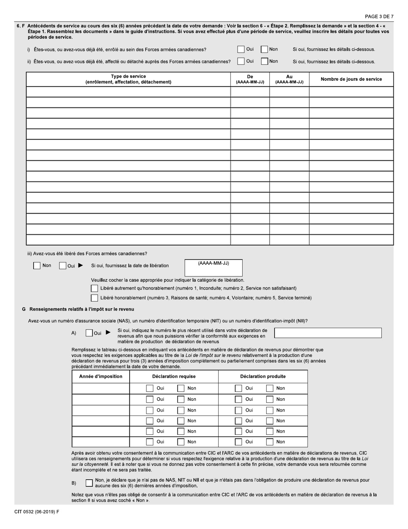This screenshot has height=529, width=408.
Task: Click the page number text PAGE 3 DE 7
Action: (x=379, y=16)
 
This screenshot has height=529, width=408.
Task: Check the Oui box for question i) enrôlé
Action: (x=241, y=49)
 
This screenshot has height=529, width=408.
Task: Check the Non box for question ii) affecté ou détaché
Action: (x=265, y=62)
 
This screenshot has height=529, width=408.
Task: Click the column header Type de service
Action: (x=128, y=79)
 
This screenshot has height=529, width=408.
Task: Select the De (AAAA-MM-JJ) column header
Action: (x=250, y=79)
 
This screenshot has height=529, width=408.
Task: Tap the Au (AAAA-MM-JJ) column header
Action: (x=289, y=79)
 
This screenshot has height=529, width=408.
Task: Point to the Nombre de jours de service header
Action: (x=351, y=79)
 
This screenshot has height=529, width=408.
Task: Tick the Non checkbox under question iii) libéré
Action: (x=37, y=266)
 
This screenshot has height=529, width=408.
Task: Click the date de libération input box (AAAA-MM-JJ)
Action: (x=213, y=270)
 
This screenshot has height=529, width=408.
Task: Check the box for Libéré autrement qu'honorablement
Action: (x=94, y=288)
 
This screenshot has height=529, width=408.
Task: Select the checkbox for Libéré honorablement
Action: (x=94, y=298)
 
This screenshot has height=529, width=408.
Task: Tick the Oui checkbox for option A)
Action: (x=89, y=333)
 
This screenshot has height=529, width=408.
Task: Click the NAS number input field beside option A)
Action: (x=328, y=333)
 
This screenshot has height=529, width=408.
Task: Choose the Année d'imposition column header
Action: (x=101, y=377)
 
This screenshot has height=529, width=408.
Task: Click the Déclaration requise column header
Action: (x=174, y=377)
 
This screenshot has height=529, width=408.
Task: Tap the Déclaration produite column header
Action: (x=263, y=377)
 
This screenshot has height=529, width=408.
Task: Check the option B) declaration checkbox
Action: (x=89, y=483)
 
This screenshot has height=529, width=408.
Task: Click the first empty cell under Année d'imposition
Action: (x=101, y=388)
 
